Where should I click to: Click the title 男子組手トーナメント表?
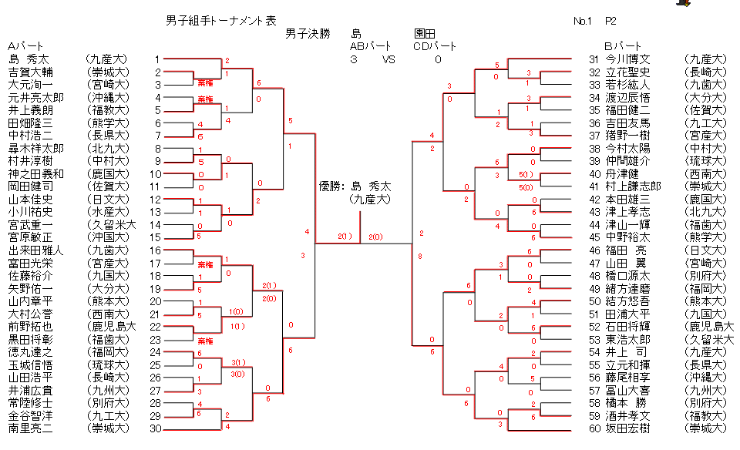click(220, 21)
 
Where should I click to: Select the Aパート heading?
click(25, 46)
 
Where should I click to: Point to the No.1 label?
click(583, 21)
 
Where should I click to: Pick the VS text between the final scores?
click(388, 59)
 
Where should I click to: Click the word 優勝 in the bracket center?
click(331, 186)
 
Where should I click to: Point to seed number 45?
click(594, 237)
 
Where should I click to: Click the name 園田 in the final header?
click(425, 34)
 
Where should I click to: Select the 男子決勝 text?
click(308, 34)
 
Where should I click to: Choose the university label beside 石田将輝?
click(708, 327)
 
